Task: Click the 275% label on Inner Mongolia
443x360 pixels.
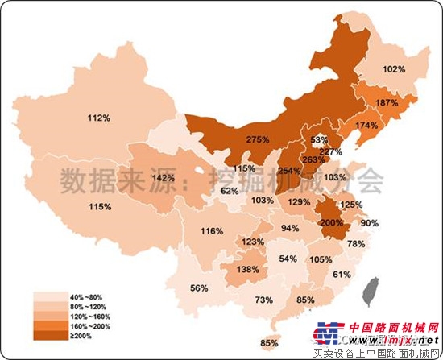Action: (x=258, y=139)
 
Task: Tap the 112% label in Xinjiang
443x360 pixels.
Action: (x=99, y=118)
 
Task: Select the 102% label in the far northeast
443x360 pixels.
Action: (x=393, y=69)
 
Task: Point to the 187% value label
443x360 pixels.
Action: (x=387, y=103)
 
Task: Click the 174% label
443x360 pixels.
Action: (x=366, y=126)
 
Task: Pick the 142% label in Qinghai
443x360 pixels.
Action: (x=164, y=177)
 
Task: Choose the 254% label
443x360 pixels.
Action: (x=289, y=170)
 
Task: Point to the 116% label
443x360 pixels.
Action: (x=212, y=231)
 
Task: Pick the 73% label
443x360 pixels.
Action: (x=263, y=300)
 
